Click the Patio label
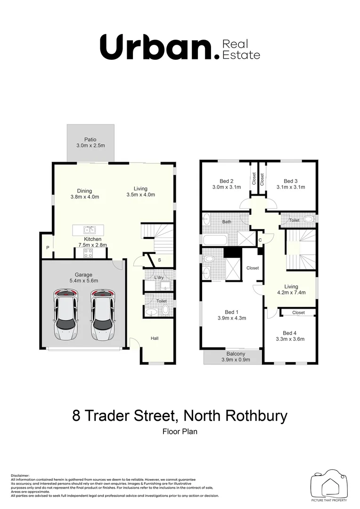[90, 140]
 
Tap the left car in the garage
[66, 315]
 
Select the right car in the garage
[102, 315]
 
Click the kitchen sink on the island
[90, 230]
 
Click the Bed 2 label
[227, 181]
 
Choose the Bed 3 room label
[291, 181]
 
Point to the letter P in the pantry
[48, 248]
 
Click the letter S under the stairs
[159, 260]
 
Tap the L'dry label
[159, 277]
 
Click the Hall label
[155, 338]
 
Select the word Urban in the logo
[156, 47]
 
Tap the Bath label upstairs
[226, 221]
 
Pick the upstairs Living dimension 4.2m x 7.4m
[291, 292]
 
